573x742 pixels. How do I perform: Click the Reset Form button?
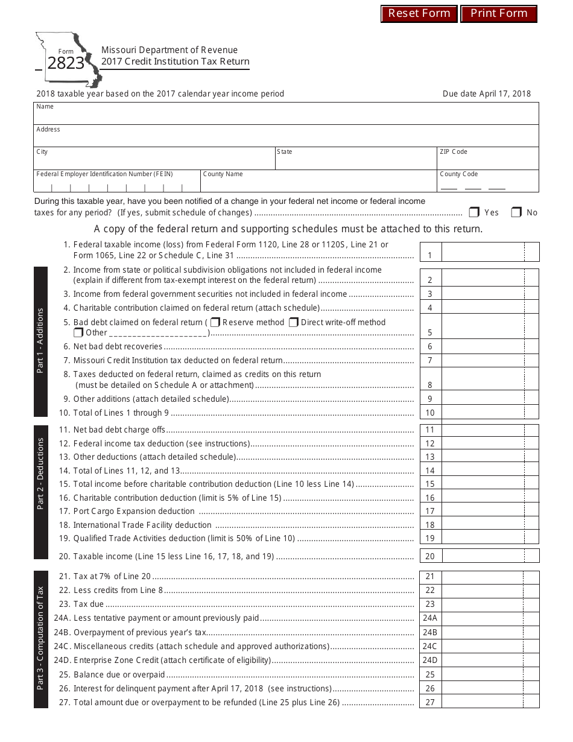(x=419, y=13)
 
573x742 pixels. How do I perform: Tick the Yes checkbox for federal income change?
(x=474, y=212)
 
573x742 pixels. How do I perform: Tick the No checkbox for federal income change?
(x=516, y=212)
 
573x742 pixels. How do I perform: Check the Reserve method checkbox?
(x=215, y=323)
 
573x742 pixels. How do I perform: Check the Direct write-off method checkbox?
(x=294, y=323)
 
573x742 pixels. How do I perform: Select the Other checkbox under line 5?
(x=78, y=332)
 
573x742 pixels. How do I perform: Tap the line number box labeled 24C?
(x=430, y=646)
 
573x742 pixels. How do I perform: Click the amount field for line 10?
(x=483, y=413)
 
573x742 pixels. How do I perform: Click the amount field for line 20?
(x=483, y=556)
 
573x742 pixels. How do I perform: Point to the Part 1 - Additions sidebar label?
(x=40, y=341)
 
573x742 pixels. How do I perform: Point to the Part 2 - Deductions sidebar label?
(x=40, y=474)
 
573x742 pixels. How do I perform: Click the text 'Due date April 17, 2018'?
(x=487, y=94)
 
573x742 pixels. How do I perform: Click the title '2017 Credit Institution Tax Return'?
(x=175, y=62)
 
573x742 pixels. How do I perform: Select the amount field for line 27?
(x=483, y=702)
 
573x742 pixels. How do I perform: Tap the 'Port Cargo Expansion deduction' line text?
(x=134, y=512)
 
